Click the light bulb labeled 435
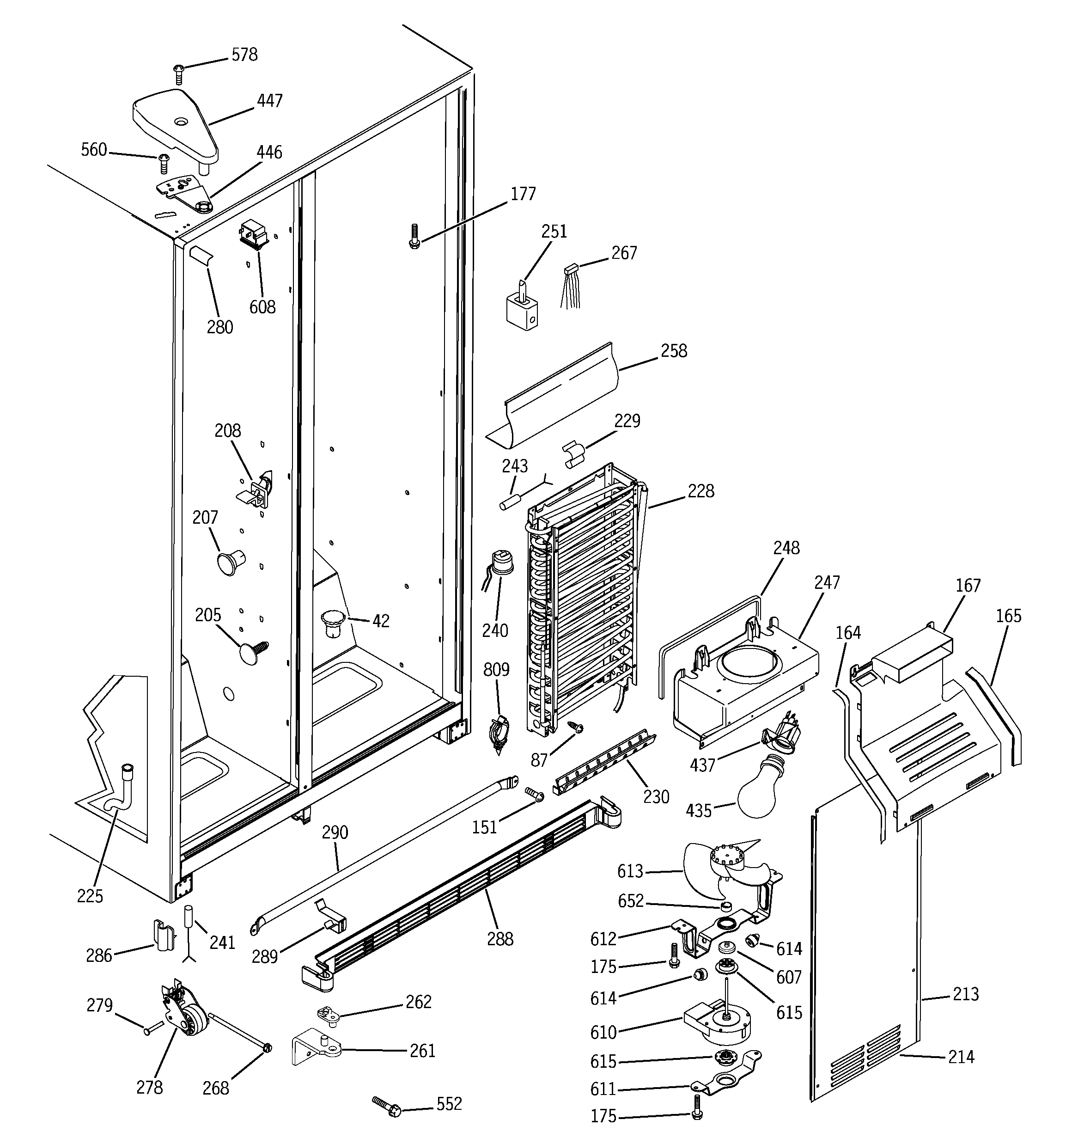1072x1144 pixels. point(765,791)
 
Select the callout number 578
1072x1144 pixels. point(244,55)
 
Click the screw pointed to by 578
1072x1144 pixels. point(178,73)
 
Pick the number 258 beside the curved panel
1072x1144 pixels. point(673,351)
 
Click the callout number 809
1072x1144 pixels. point(496,670)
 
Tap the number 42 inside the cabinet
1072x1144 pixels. point(380,621)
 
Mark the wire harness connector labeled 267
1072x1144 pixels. point(572,288)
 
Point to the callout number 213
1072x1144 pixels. point(965,994)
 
